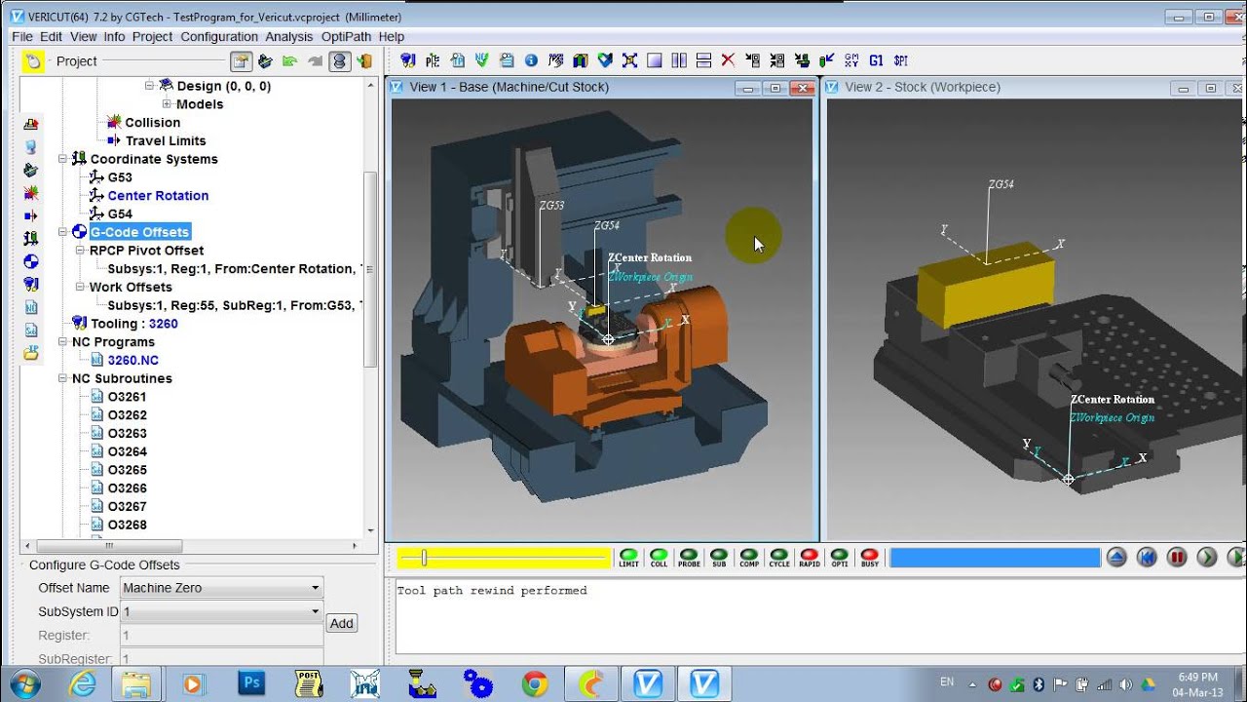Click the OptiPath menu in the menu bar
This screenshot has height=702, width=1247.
click(346, 36)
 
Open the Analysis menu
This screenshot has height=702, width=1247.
click(288, 36)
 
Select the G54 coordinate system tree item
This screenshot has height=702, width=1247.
click(120, 214)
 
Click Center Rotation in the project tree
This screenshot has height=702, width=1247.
click(158, 195)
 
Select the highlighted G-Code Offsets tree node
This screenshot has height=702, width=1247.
click(140, 232)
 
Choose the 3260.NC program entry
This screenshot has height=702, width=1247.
click(132, 360)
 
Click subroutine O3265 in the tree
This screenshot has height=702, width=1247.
click(127, 470)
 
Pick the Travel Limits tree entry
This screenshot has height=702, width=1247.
click(166, 140)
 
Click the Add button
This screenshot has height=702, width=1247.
click(341, 623)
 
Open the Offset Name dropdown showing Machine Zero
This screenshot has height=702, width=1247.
click(221, 588)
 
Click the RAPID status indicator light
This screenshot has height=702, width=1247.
click(809, 556)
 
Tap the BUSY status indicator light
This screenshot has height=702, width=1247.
click(869, 556)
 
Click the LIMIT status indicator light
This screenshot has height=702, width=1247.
click(628, 556)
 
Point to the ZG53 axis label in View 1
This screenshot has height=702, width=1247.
click(551, 206)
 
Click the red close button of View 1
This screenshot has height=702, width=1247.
click(802, 88)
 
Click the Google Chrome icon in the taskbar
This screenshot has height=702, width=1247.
click(534, 683)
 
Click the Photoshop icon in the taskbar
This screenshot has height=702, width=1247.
click(251, 683)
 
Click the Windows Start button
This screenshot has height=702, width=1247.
click(23, 683)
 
